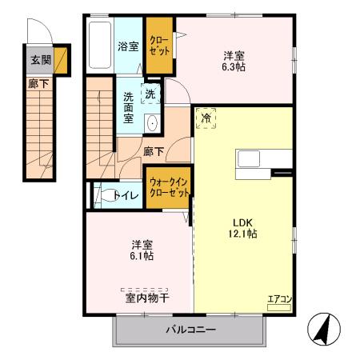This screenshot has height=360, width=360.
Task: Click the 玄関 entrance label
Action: pyautogui.click(x=41, y=60)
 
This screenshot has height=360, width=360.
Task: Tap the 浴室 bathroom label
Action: pyautogui.click(x=128, y=46)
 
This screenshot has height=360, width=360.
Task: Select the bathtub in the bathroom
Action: pyautogui.click(x=100, y=45)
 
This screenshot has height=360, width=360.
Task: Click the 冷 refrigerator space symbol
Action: pyautogui.click(x=206, y=118)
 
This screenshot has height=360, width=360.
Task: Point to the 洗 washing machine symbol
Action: pyautogui.click(x=150, y=94)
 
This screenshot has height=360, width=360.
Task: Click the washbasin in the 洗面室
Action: pyautogui.click(x=152, y=123)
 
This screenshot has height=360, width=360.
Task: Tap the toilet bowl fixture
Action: pyautogui.click(x=106, y=195)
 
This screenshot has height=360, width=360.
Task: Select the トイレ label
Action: pyautogui.click(x=126, y=196)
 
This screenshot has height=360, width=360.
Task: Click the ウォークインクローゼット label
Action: pyautogui.click(x=169, y=187)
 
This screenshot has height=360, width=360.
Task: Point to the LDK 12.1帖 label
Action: pyautogui.click(x=242, y=228)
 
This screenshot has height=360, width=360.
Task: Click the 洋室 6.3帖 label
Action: pyautogui.click(x=234, y=62)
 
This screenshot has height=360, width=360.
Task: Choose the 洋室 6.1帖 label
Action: pyautogui.click(x=142, y=250)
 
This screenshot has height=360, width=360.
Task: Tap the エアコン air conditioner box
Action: pyautogui.click(x=279, y=307)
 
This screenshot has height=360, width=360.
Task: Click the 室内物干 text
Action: pyautogui.click(x=147, y=298)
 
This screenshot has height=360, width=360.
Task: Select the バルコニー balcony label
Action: pyautogui.click(x=191, y=330)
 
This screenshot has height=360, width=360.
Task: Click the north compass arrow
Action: pyautogui.click(x=323, y=329)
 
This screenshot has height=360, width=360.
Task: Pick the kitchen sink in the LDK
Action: pyautogui.click(x=249, y=158)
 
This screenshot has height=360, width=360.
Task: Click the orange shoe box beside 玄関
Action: pyautogui.click(x=61, y=61)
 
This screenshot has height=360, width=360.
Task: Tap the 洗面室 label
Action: pyautogui.click(x=128, y=107)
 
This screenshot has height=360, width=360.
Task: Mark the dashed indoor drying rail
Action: pyautogui.click(x=144, y=290)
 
